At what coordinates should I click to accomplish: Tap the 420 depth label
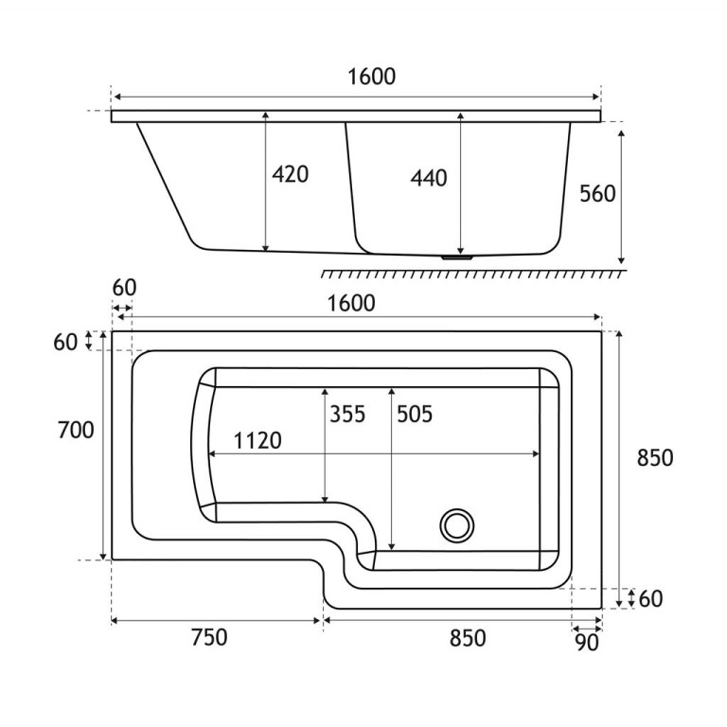[x=290, y=175]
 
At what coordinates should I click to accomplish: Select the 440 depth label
[x=429, y=177]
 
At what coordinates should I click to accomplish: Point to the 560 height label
[x=596, y=193]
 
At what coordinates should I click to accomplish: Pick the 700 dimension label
[x=76, y=430]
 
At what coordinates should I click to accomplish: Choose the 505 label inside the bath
[x=414, y=414]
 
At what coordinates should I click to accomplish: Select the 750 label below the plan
[x=208, y=638]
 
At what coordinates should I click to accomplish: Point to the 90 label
[x=587, y=643]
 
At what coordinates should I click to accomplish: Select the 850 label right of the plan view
[x=654, y=457]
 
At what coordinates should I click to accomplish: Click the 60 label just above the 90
[x=653, y=597]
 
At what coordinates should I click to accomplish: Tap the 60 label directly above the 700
[x=65, y=343]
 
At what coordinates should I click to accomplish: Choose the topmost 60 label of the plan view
[x=124, y=287]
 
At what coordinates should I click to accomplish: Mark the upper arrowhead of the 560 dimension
[x=621, y=132]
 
